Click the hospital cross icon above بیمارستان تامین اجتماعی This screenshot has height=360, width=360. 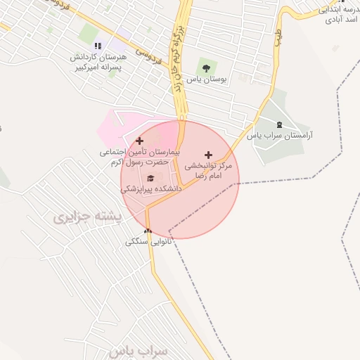pyautogui.click(x=139, y=141)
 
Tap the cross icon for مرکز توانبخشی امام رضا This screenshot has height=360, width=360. pyautogui.click(x=207, y=154)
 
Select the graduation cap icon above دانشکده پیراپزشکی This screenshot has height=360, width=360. pyautogui.click(x=150, y=177)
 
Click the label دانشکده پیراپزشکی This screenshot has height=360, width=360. pyautogui.click(x=151, y=189)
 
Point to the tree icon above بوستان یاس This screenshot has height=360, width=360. pyautogui.click(x=205, y=68)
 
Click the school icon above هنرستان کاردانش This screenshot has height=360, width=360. pyautogui.click(x=98, y=46)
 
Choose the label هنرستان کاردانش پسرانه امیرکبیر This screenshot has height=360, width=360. pyautogui.click(x=98, y=63)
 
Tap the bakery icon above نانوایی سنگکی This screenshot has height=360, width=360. pyautogui.click(x=148, y=231)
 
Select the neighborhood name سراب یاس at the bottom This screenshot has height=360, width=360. pyautogui.click(x=140, y=350)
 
